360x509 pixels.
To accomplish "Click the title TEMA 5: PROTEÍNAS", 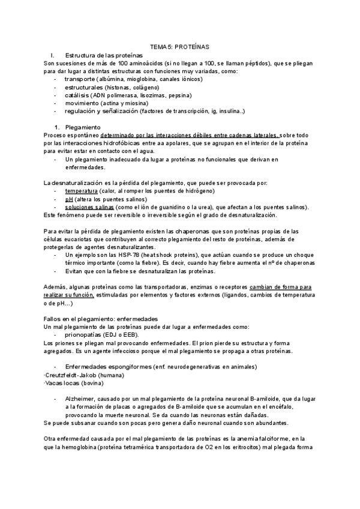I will [179, 47].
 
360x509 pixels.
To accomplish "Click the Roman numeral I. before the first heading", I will [53, 55].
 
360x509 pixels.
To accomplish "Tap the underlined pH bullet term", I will [68, 199].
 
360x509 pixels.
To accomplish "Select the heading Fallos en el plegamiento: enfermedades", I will [101, 318].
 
